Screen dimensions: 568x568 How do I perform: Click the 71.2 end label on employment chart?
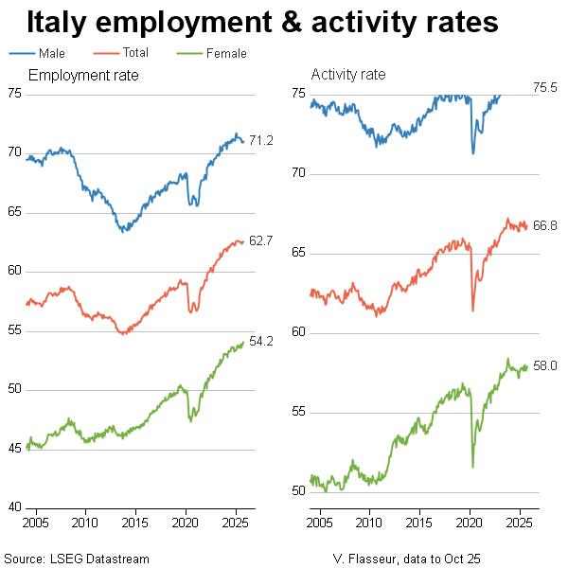[x=261, y=141]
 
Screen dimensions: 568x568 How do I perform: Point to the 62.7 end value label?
[x=261, y=241]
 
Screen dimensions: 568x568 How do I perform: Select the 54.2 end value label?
[x=261, y=342]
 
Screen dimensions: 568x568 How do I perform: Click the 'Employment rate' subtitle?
[x=84, y=75]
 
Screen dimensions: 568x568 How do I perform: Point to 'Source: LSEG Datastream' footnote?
[x=77, y=559]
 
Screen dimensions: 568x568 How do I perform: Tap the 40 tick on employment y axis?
[x=14, y=507]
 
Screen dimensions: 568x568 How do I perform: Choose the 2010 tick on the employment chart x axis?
[x=84, y=523]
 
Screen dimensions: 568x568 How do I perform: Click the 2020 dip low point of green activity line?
[x=472, y=466]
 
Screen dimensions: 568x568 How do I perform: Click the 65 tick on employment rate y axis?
[x=14, y=212]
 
